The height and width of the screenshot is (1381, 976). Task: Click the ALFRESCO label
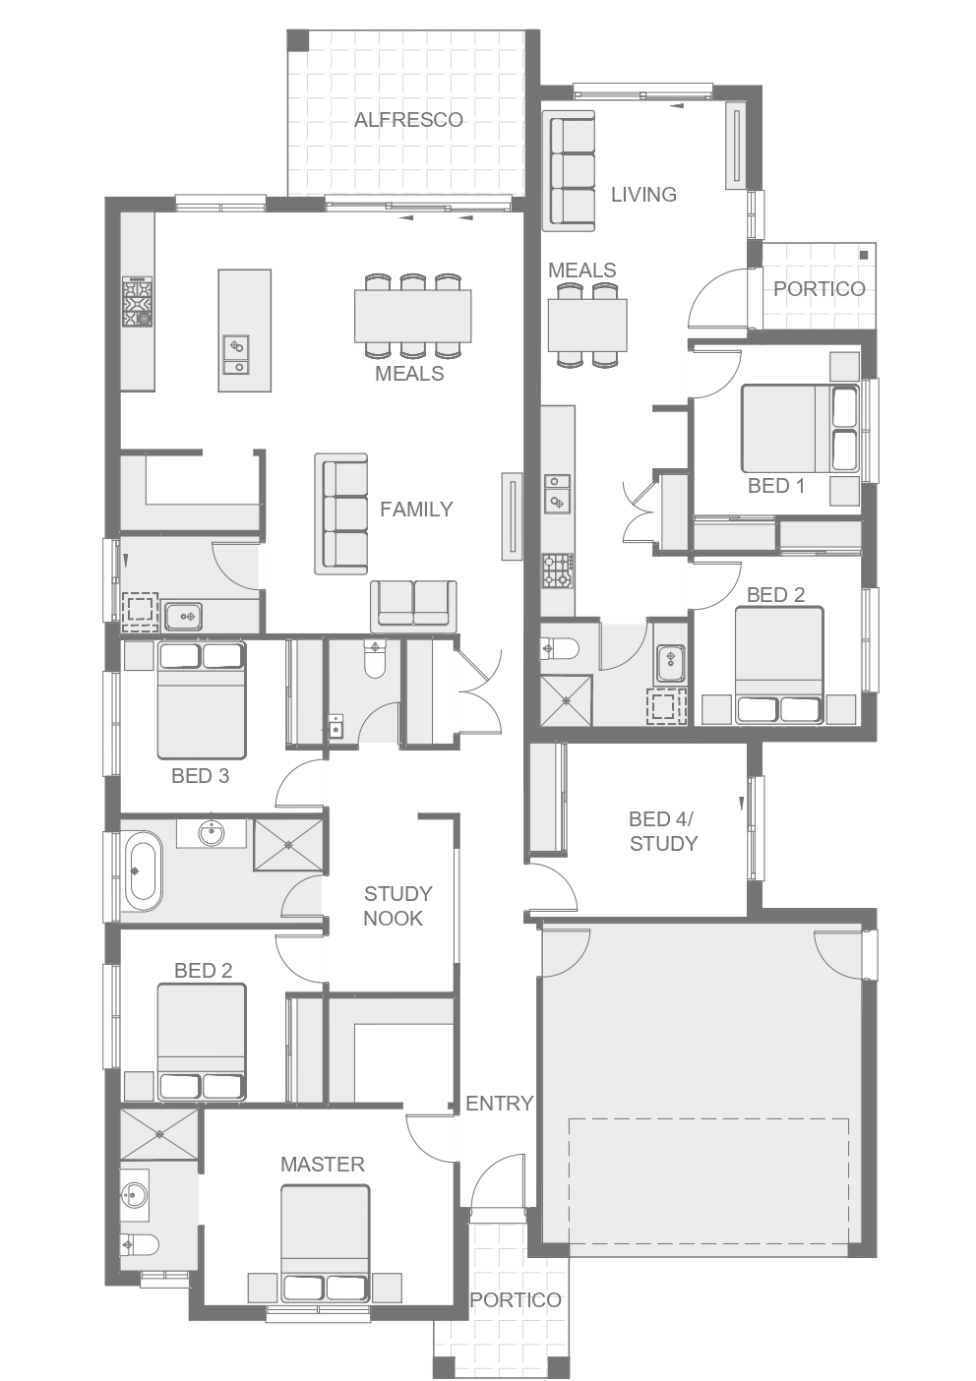pyautogui.click(x=408, y=120)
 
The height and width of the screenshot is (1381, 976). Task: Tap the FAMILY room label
pyautogui.click(x=416, y=510)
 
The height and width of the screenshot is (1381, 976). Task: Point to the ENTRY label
pyautogui.click(x=500, y=1103)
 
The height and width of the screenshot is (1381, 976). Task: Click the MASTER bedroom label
pyautogui.click(x=323, y=1164)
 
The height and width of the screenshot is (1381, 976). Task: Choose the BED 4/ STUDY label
pyautogui.click(x=663, y=831)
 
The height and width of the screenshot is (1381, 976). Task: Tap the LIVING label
pyautogui.click(x=643, y=195)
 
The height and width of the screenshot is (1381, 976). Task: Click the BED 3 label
pyautogui.click(x=201, y=775)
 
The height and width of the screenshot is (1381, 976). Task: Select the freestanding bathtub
pyautogui.click(x=144, y=871)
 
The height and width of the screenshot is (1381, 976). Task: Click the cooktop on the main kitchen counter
pyautogui.click(x=138, y=301)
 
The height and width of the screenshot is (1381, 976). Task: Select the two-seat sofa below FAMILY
pyautogui.click(x=413, y=606)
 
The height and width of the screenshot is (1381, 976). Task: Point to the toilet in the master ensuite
pyautogui.click(x=139, y=1244)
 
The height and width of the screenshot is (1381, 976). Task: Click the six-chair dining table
pyautogui.click(x=413, y=316)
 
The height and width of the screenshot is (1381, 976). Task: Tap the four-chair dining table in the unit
pyautogui.click(x=587, y=325)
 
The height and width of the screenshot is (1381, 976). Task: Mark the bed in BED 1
pyautogui.click(x=800, y=429)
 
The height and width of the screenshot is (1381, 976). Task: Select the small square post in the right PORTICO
pyautogui.click(x=864, y=255)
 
